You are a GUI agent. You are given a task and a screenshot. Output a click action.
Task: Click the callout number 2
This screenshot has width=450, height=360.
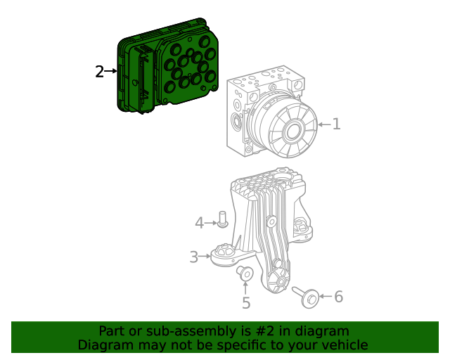pos(99,71)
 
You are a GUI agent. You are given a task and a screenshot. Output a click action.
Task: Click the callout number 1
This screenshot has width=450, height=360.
pos(336,124)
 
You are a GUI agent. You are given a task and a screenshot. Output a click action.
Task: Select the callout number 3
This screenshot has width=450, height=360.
pos(193,257)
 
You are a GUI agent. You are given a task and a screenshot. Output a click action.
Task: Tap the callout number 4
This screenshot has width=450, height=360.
pos(199,223)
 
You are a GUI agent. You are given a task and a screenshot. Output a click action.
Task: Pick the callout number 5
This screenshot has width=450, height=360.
pos(246,303)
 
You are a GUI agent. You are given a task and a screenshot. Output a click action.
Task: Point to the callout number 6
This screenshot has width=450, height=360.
pos(338,297)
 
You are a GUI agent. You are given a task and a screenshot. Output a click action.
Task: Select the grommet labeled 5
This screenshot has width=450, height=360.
pos(245,273)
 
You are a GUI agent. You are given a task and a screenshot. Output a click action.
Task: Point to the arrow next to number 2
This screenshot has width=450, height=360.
pos(111,71)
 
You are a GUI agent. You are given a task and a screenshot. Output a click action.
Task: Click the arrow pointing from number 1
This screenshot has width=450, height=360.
pos(323,124)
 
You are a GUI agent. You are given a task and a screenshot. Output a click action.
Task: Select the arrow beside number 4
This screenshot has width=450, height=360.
pos(211,223)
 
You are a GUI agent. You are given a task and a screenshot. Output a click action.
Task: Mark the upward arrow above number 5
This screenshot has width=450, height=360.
pos(245,287)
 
